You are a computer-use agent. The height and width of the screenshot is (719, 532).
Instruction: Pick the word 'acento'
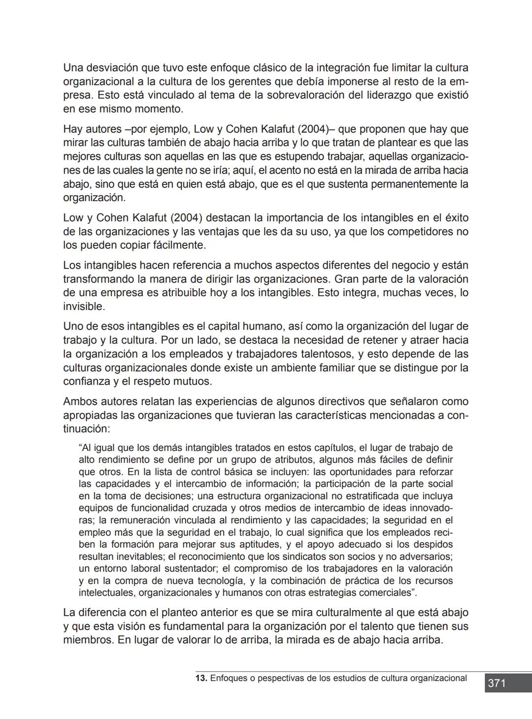[x=284, y=171]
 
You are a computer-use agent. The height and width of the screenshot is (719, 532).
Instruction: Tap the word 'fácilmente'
[x=176, y=245]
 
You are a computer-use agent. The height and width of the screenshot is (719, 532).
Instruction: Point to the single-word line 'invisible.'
[x=84, y=307]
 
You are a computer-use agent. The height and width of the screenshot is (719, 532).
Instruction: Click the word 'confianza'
[x=87, y=381]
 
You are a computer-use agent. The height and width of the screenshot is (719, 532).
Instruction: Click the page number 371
[x=497, y=684]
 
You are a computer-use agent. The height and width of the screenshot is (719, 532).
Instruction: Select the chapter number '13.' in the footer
[x=201, y=679]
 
